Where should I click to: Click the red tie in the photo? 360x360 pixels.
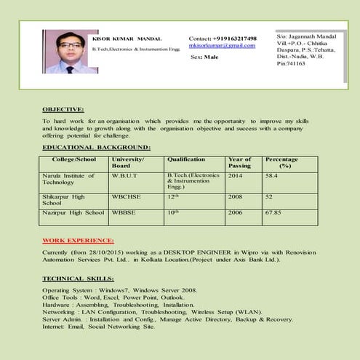pyautogui.click(x=69, y=69)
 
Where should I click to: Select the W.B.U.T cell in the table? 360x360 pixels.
pyautogui.click(x=125, y=176)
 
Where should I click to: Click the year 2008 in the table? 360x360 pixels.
pyautogui.click(x=236, y=196)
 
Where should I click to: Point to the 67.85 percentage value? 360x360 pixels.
pyautogui.click(x=273, y=213)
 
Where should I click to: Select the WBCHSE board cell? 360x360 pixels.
pyautogui.click(x=127, y=196)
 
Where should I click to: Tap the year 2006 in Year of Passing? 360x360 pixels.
pyautogui.click(x=236, y=213)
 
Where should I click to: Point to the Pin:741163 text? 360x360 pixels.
pyautogui.click(x=291, y=64)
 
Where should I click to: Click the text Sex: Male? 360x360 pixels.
pyautogui.click(x=204, y=56)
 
